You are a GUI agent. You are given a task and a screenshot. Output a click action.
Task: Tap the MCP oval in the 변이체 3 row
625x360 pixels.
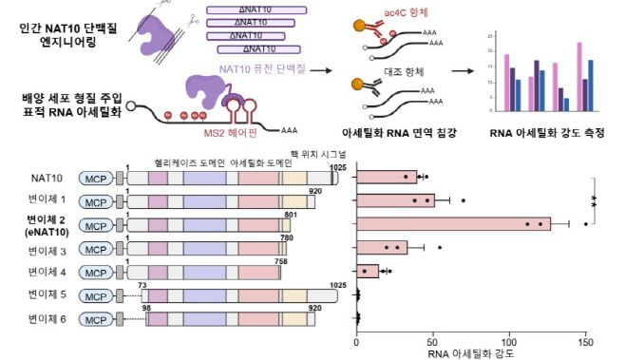(x=96, y=248)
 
